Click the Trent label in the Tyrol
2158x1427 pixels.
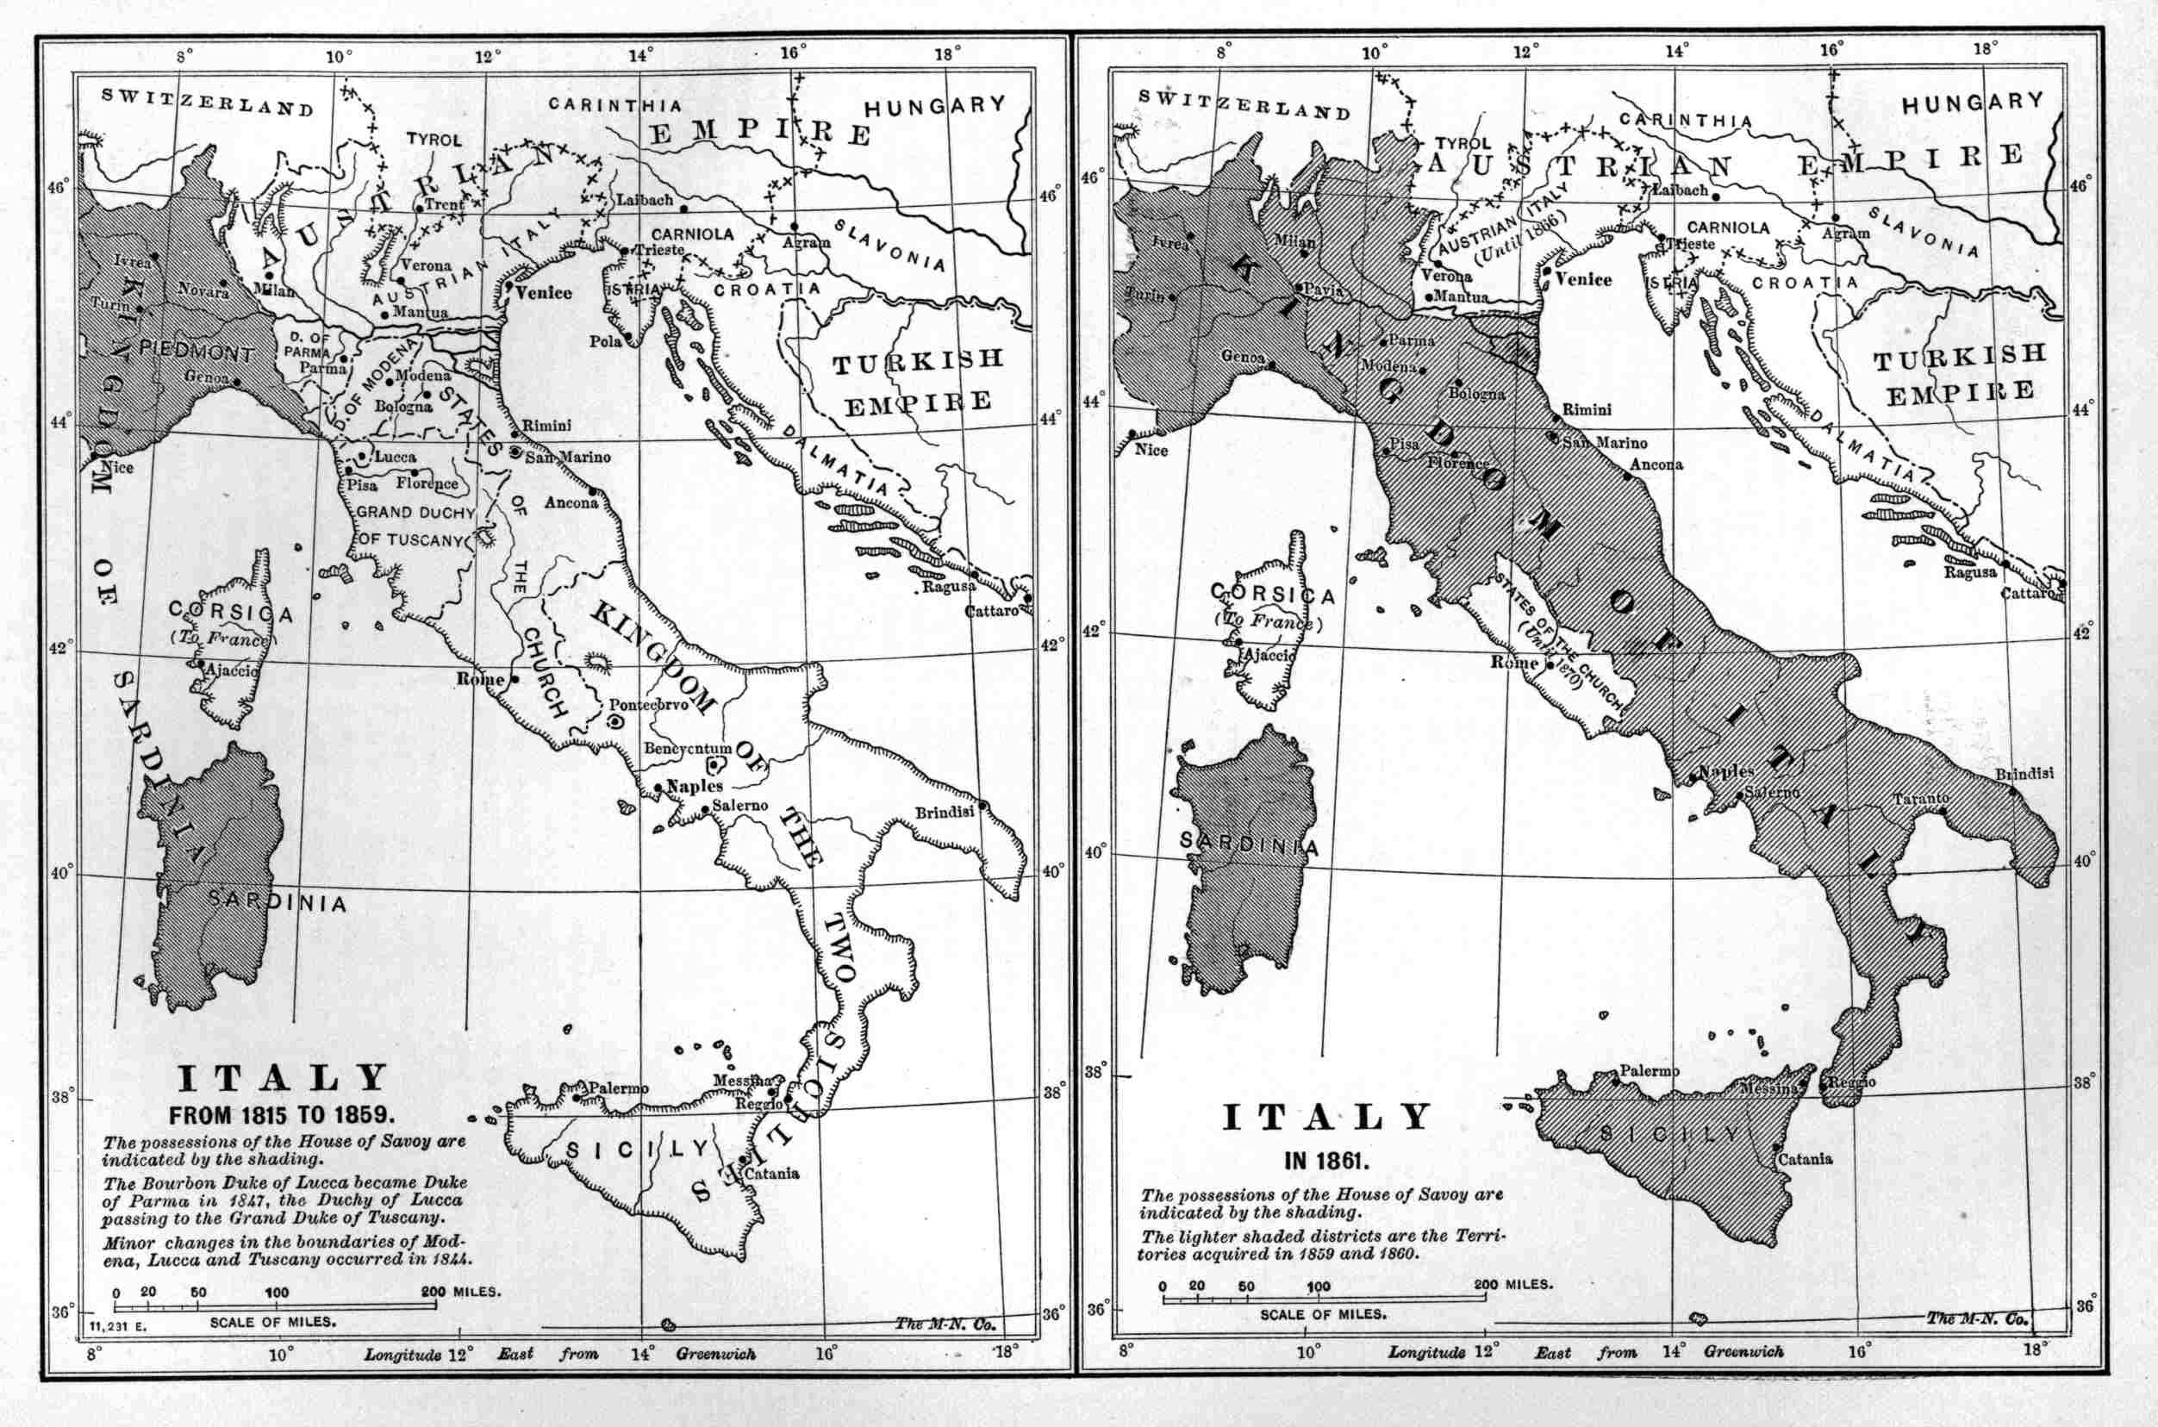point(444,205)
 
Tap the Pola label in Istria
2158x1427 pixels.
point(604,341)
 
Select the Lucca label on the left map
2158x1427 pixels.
point(395,457)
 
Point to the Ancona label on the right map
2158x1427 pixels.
point(1656,464)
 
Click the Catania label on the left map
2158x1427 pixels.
point(772,1173)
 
